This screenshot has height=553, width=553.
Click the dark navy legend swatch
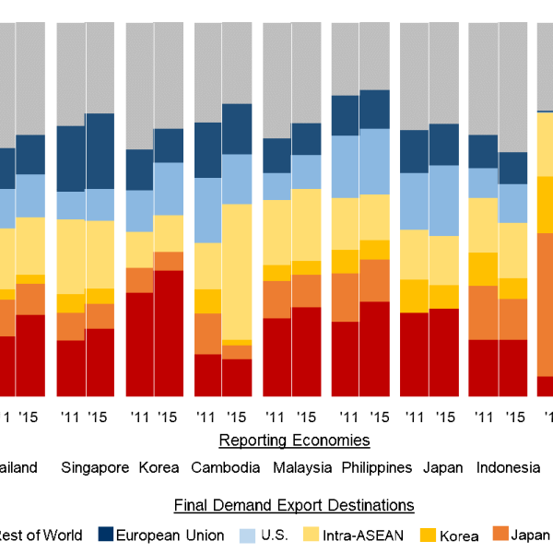point(106,534)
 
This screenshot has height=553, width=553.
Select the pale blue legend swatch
point(247,535)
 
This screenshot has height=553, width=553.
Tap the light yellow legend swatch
point(312,534)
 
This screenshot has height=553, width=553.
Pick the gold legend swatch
point(428,534)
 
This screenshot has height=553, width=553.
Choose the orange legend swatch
point(500,533)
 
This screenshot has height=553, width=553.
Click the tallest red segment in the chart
point(169,333)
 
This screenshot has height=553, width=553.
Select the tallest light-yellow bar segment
point(237,272)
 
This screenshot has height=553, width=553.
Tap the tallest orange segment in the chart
point(545,304)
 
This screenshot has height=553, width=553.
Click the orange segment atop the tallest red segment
point(169,261)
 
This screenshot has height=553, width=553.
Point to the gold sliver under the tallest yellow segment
point(237,343)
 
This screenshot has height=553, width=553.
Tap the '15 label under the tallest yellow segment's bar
point(236,417)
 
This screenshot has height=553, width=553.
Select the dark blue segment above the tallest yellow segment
point(237,129)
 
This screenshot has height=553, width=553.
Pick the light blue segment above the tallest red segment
point(169,189)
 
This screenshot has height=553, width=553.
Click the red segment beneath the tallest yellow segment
point(237,377)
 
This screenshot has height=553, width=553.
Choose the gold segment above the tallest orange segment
point(545,204)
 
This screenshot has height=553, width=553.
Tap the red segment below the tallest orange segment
point(545,386)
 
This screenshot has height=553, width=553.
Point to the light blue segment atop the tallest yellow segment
point(237,179)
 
